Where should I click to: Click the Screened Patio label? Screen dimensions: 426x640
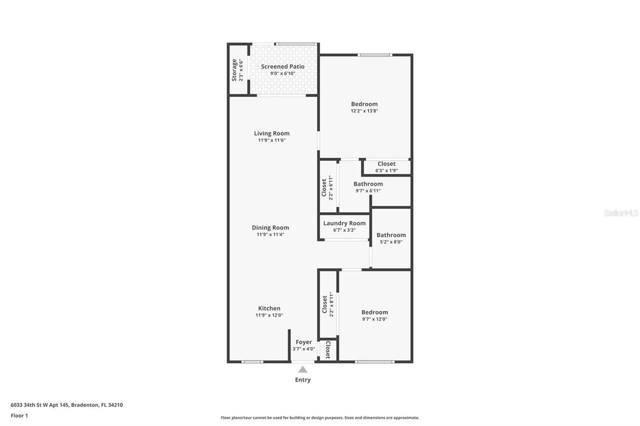point(282,66)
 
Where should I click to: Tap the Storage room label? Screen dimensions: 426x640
point(234,70)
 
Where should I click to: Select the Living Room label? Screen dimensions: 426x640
point(271,133)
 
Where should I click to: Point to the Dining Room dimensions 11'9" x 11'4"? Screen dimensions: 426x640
point(270,235)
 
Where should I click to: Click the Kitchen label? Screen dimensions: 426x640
point(269,308)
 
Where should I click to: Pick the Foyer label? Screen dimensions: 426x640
point(303,342)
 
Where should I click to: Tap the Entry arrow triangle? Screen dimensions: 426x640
point(302,370)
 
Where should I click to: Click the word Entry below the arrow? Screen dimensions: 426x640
point(302,380)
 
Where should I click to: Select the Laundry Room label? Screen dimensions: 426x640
point(344,223)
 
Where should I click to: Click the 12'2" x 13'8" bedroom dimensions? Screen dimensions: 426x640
point(364,111)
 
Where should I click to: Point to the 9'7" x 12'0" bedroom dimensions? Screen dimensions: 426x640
point(374,319)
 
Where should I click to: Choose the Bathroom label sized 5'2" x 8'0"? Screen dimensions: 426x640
point(391,235)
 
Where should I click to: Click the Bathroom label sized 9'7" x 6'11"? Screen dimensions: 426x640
point(368,184)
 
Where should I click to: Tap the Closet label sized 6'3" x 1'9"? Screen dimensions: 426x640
point(386,164)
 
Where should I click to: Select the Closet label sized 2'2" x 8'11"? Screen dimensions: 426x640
point(324,304)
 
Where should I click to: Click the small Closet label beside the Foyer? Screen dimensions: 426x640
point(327,350)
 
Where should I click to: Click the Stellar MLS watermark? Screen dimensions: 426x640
point(621,213)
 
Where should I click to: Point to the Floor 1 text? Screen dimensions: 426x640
point(19,416)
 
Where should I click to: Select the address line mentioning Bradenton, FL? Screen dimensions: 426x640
point(66,405)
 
